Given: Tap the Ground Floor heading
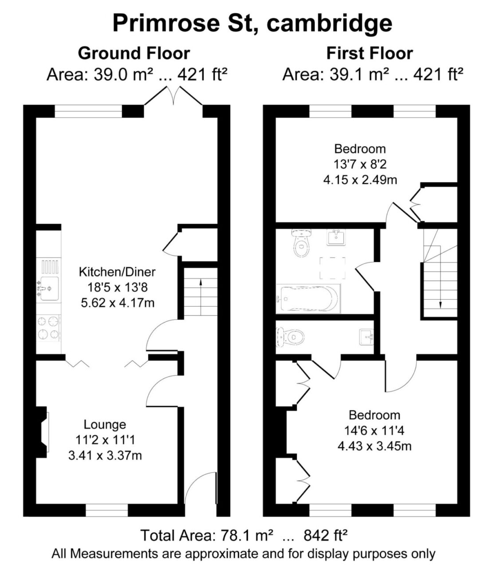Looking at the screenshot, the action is point(134,53).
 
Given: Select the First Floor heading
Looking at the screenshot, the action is point(370,53).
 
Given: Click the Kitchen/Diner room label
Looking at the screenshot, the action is point(118,272).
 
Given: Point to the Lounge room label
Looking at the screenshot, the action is point(105,425).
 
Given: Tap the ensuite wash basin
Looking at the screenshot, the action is point(366,337).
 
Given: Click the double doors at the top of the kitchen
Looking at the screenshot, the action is point(173,96).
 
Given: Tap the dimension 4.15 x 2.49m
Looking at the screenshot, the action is point(360,180).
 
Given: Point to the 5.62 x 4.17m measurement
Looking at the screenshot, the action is point(118,303).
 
